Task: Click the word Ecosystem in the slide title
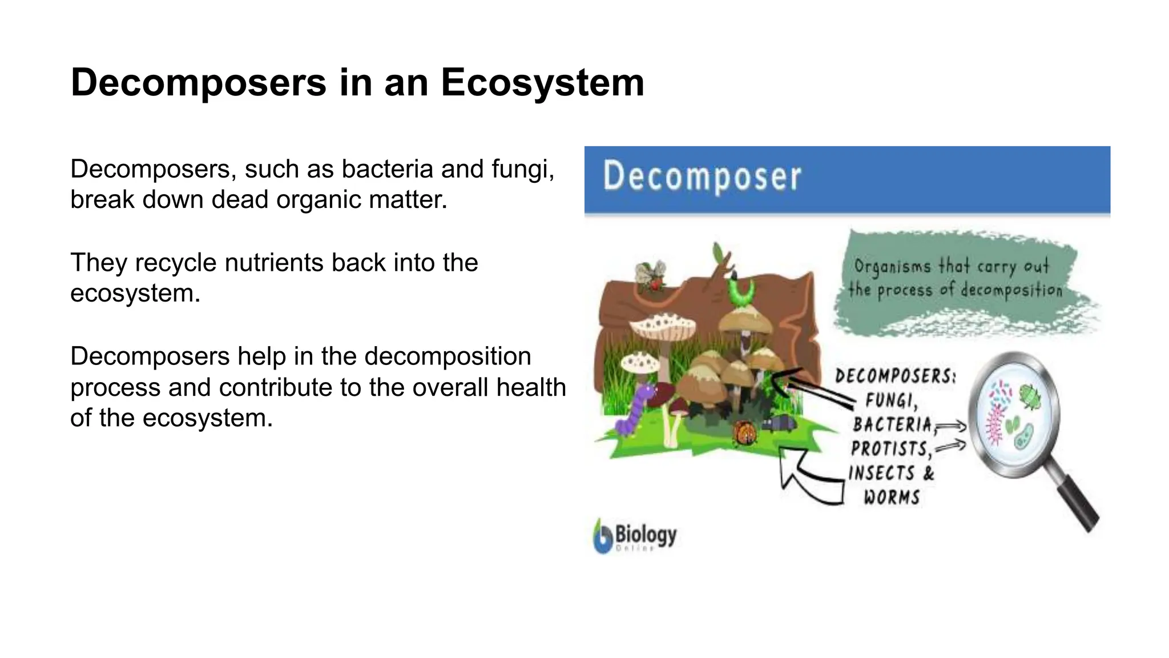tap(542, 83)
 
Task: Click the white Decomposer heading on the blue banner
tap(702, 176)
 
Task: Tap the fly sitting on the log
tap(651, 275)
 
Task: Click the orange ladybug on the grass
tap(745, 432)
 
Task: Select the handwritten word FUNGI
tap(892, 400)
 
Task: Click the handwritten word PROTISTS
tap(890, 448)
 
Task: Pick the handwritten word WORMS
tap(892, 497)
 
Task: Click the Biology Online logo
tap(635, 536)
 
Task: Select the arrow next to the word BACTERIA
tap(951, 426)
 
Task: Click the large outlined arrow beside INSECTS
tap(811, 477)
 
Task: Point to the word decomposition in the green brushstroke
tap(1010, 290)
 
